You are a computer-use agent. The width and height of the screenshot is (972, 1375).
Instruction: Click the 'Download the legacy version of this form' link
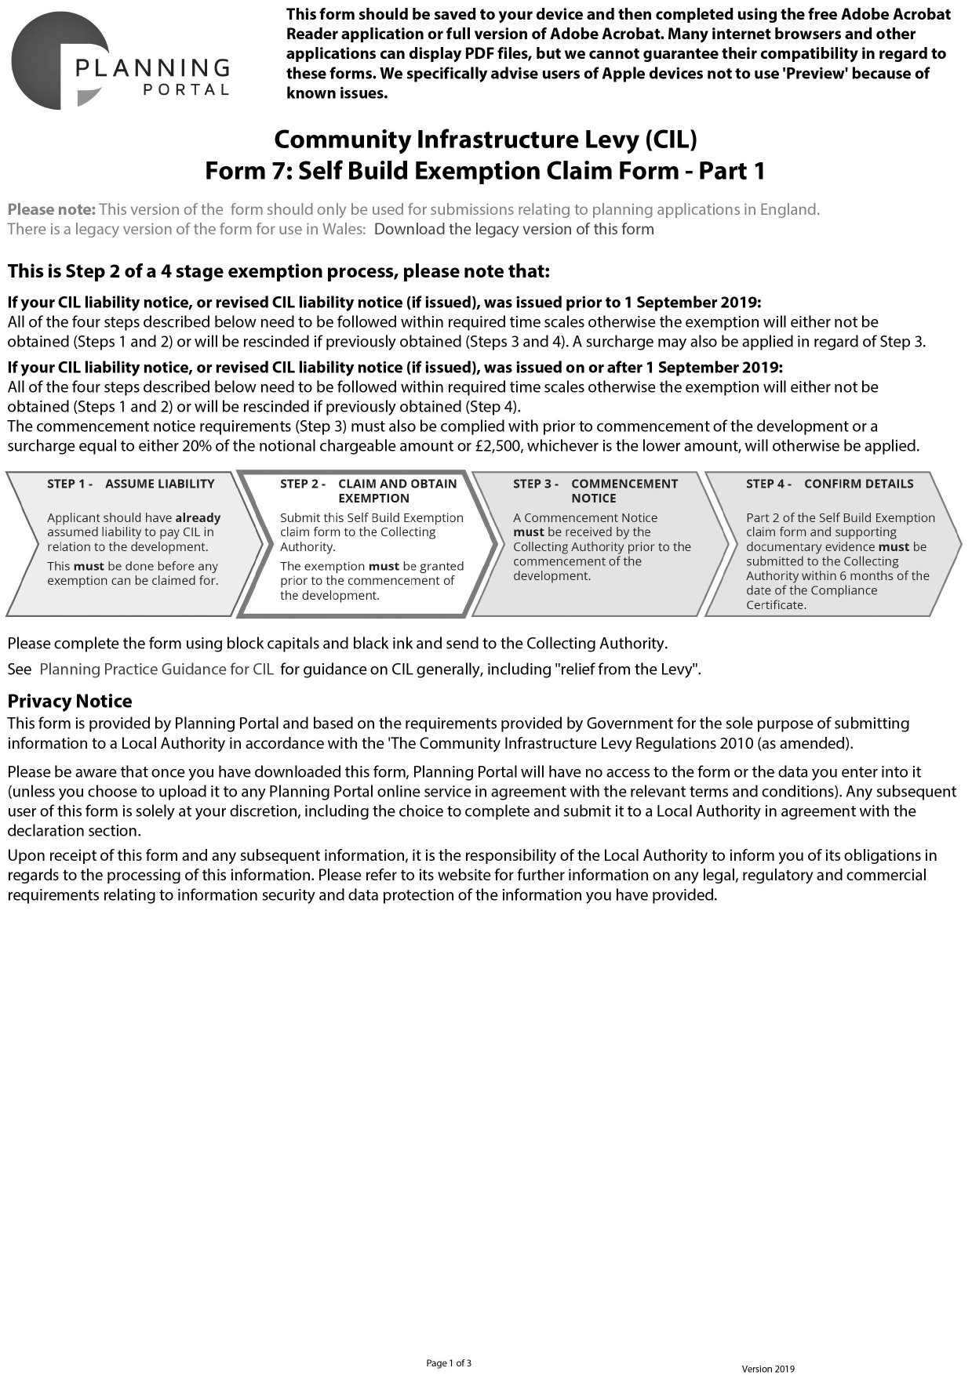click(x=514, y=229)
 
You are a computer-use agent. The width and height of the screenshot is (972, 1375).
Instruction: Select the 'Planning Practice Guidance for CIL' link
click(x=156, y=669)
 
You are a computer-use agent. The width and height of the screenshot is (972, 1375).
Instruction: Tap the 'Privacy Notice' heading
click(x=70, y=701)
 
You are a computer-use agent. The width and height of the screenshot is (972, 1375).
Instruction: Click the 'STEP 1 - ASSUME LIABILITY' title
click(x=130, y=484)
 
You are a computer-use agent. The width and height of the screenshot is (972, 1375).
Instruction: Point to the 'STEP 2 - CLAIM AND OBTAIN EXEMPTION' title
click(x=368, y=491)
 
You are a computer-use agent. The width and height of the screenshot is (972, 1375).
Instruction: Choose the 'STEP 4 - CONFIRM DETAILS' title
click(x=829, y=484)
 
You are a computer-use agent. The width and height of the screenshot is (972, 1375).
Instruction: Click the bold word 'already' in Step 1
click(x=198, y=517)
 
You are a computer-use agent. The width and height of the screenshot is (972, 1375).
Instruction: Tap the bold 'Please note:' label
click(x=51, y=209)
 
